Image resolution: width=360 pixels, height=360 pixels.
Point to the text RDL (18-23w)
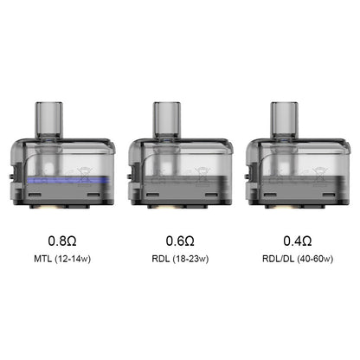(179, 259)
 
